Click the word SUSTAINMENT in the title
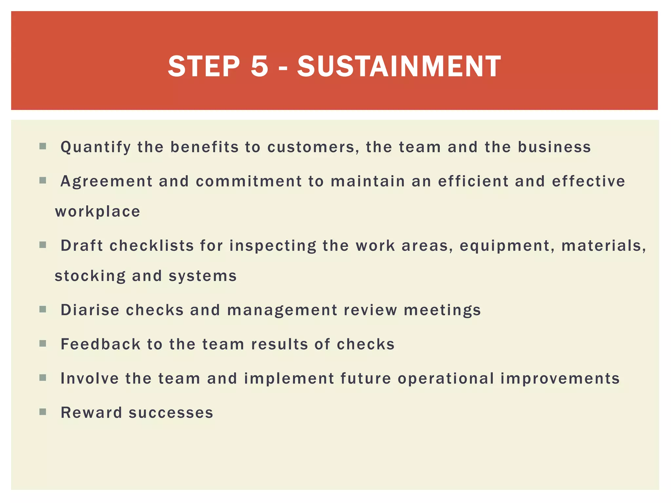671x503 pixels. [399, 66]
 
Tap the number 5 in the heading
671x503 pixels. [259, 66]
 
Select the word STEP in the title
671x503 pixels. [204, 66]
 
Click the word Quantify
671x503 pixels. [96, 147]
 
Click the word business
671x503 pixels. [554, 147]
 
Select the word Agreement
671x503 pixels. [106, 181]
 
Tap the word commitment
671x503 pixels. [249, 181]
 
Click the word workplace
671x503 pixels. [98, 212]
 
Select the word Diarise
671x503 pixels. [90, 310]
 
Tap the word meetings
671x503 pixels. [442, 310]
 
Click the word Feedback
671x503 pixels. [101, 345]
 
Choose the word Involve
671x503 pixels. [90, 379]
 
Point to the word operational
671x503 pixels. [446, 379]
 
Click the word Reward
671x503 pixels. [91, 413]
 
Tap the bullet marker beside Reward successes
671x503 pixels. [43, 412]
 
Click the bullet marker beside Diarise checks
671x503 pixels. [43, 309]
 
